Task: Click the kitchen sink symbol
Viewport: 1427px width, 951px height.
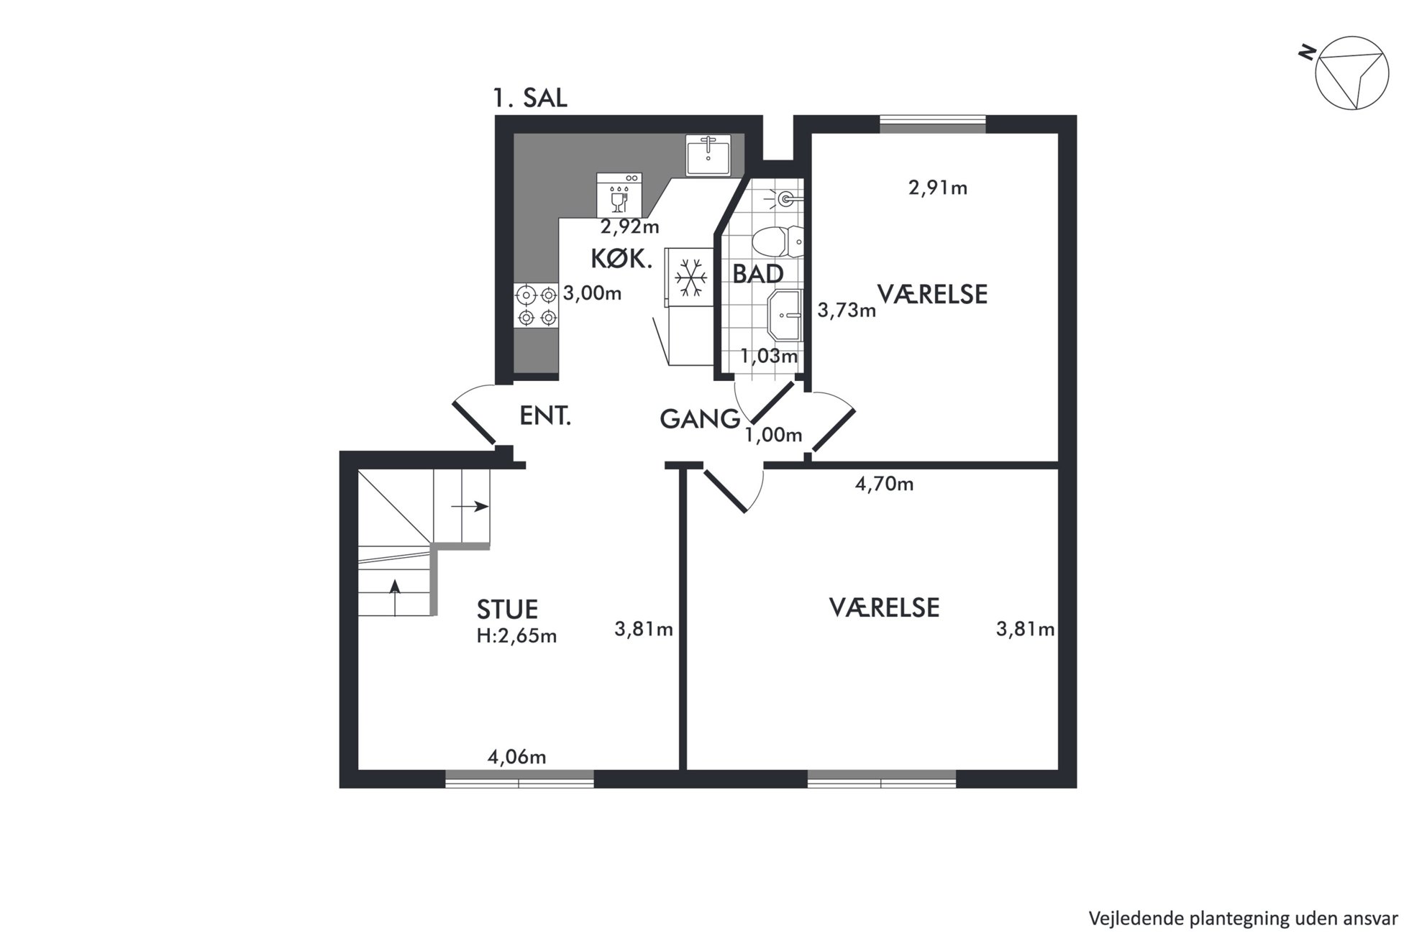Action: [x=708, y=155]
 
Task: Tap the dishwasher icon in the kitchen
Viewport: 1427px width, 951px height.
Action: [x=619, y=195]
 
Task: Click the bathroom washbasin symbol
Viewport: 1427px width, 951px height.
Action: [x=785, y=314]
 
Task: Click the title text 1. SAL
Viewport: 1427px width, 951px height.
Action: [x=530, y=98]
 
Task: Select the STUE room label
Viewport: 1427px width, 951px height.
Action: [x=507, y=610]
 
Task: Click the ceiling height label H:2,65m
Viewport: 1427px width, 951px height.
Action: [x=516, y=636]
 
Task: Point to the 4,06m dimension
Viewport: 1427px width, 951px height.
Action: [x=516, y=757]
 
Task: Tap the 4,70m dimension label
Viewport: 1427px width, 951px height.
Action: [x=884, y=484]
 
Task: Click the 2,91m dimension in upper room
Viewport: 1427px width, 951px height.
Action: [x=938, y=188]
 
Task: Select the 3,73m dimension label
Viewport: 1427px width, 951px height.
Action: [x=847, y=311]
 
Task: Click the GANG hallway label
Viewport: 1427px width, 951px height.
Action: [x=700, y=419]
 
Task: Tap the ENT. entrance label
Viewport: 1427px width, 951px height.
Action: [x=545, y=416]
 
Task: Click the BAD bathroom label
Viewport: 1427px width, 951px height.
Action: [x=757, y=274]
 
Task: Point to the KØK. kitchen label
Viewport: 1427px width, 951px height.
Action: [x=621, y=259]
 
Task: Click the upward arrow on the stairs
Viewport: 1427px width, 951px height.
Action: [x=394, y=597]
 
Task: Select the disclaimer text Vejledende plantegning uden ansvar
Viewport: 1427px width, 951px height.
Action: [x=1243, y=919]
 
